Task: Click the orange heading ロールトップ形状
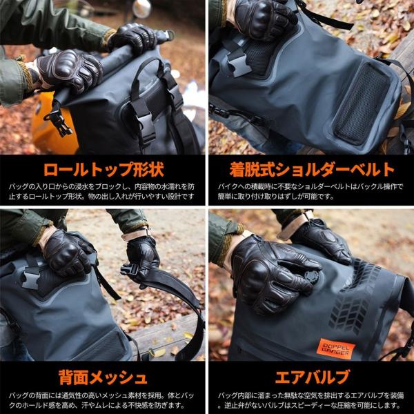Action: [x=103, y=170]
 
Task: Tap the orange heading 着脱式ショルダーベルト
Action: [x=312, y=170]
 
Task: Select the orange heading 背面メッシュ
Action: [x=102, y=377]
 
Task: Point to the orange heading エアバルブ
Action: [x=312, y=377]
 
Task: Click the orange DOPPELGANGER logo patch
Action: [x=336, y=348]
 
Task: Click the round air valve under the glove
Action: [x=313, y=277]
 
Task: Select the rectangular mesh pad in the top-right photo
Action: [x=361, y=103]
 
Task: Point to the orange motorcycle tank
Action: [x=54, y=124]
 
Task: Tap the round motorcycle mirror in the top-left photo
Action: [x=141, y=8]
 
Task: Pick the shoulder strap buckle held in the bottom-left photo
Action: [x=130, y=270]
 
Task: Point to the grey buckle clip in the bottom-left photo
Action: [x=31, y=276]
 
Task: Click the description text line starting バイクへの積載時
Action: [x=310, y=187]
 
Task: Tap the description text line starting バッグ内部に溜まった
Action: [x=310, y=395]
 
